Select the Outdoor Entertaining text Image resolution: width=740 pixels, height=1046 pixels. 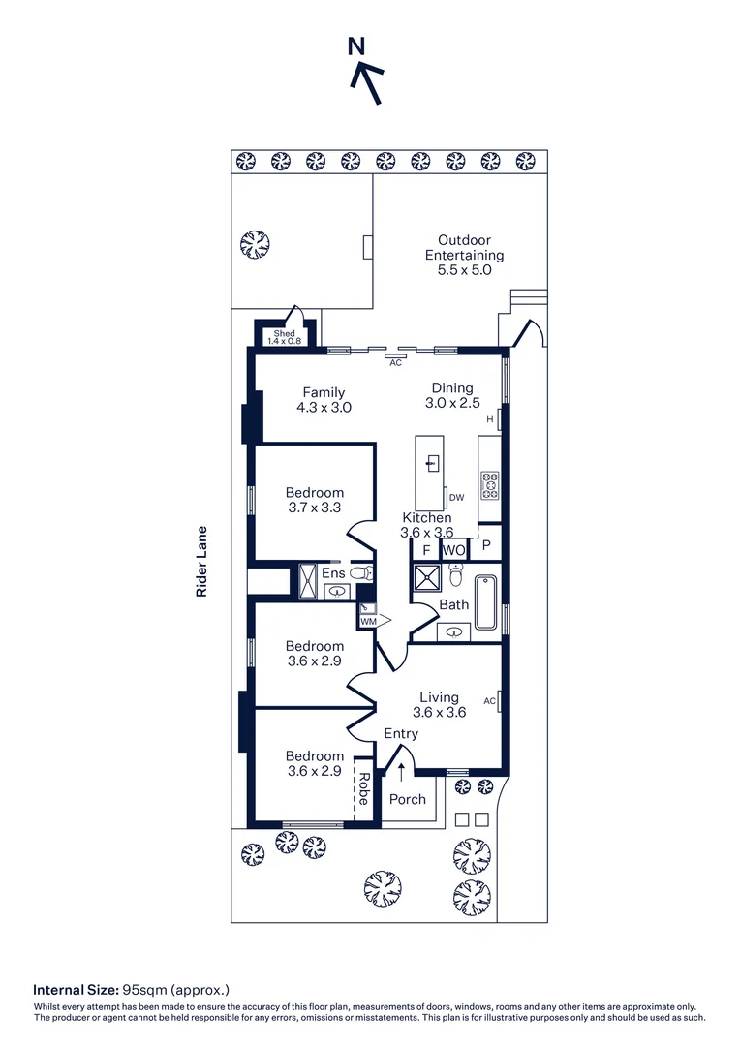pyautogui.click(x=464, y=255)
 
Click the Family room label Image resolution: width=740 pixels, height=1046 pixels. pyautogui.click(x=324, y=400)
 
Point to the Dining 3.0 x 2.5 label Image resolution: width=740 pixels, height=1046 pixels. pyautogui.click(x=452, y=394)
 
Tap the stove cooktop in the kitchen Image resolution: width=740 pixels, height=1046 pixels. pyautogui.click(x=489, y=484)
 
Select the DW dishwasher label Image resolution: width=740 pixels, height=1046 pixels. pyautogui.click(x=457, y=498)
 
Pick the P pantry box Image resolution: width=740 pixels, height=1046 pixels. pyautogui.click(x=486, y=546)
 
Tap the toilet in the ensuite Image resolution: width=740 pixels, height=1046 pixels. pyautogui.click(x=360, y=574)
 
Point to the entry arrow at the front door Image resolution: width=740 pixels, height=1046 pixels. pyautogui.click(x=401, y=771)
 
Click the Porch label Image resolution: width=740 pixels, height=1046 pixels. pyautogui.click(x=407, y=799)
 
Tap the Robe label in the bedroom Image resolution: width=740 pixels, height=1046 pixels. pyautogui.click(x=364, y=788)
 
